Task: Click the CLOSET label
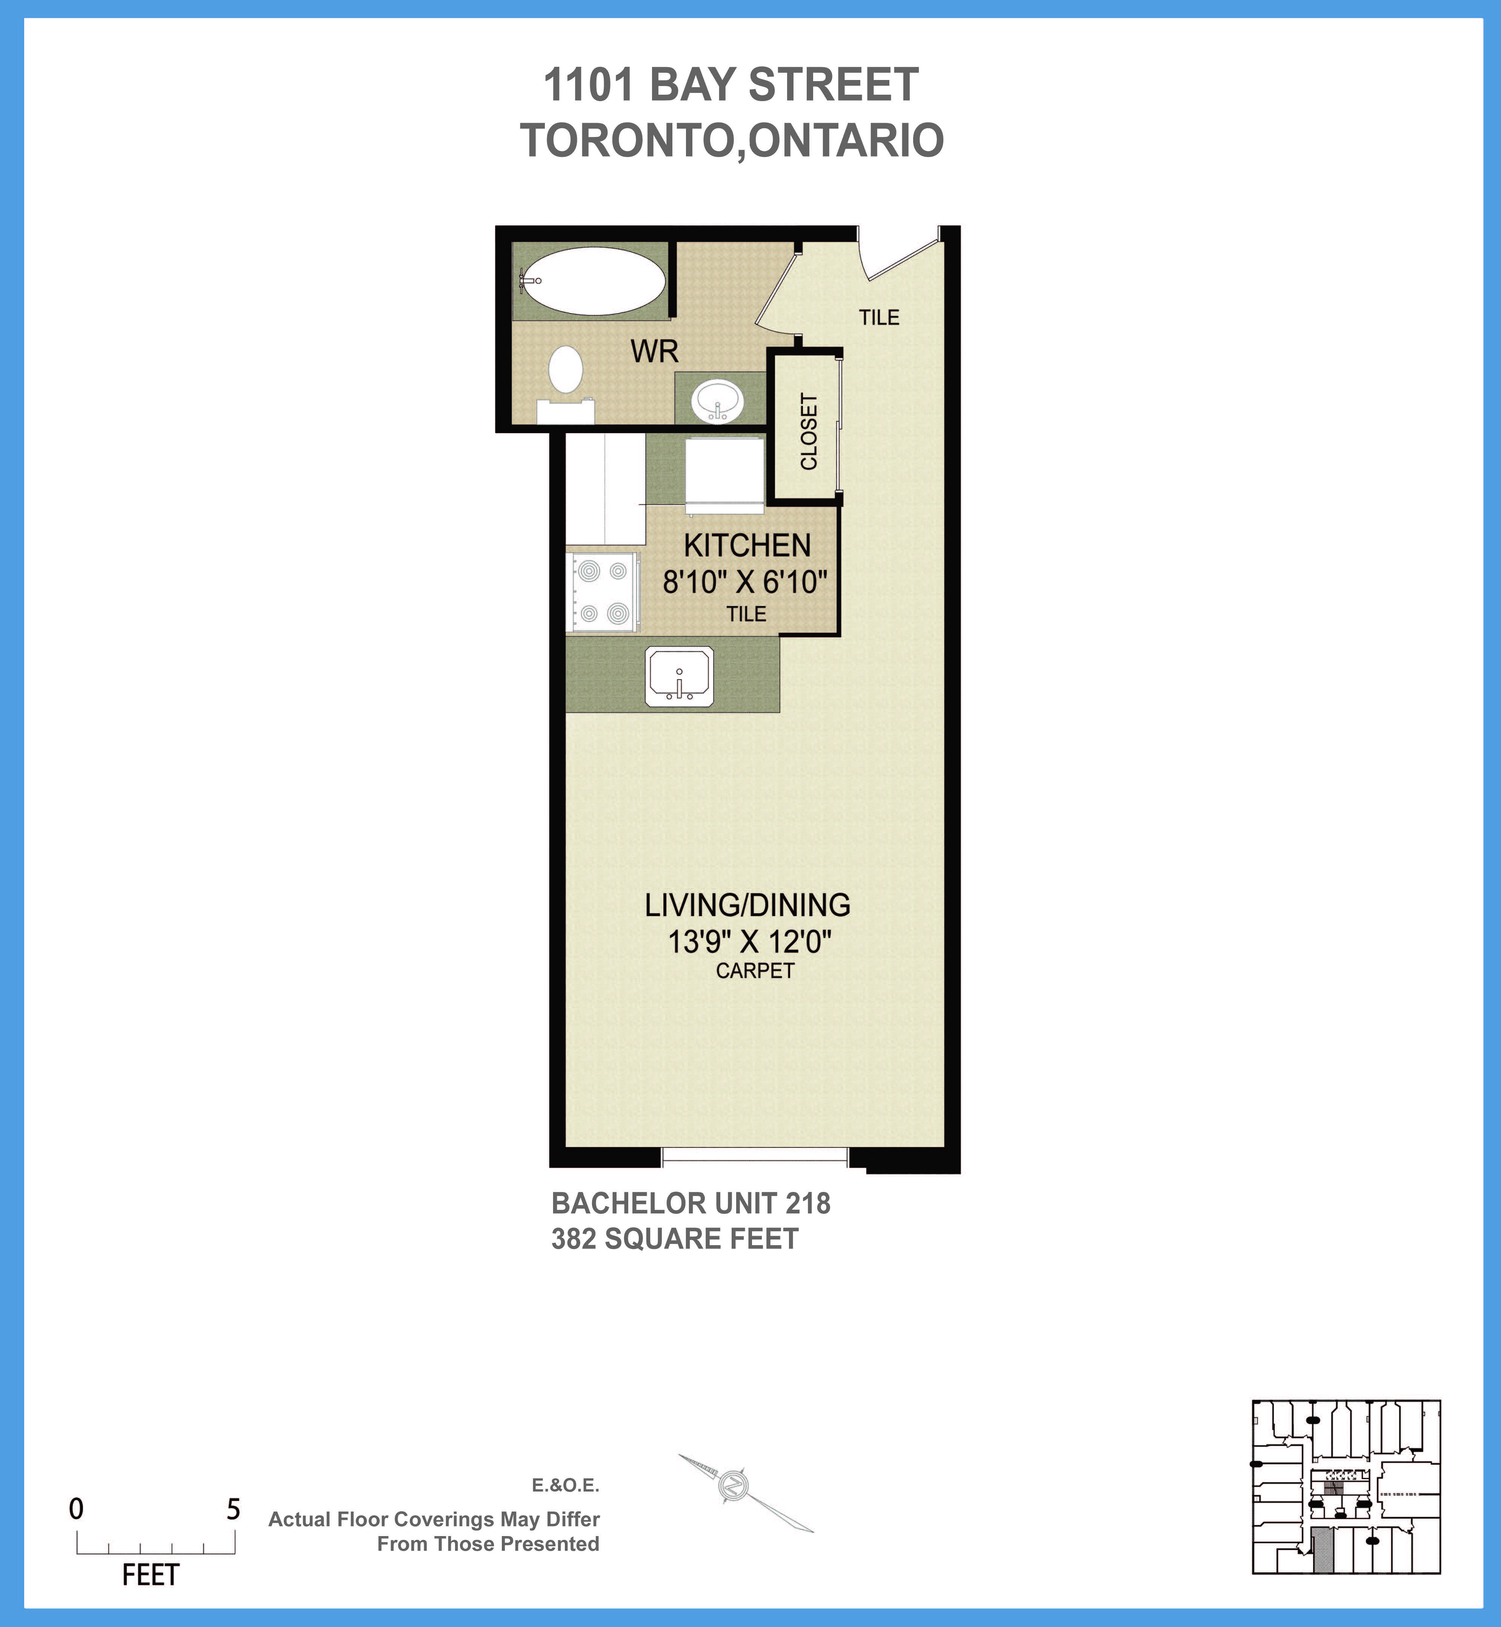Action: tap(809, 431)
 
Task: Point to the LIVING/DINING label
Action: tap(747, 905)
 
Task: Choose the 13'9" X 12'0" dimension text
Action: tap(749, 942)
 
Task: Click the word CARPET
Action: tap(755, 971)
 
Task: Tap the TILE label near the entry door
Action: tap(879, 318)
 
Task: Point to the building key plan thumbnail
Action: tap(1346, 1487)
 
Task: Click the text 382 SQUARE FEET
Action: tap(674, 1239)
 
